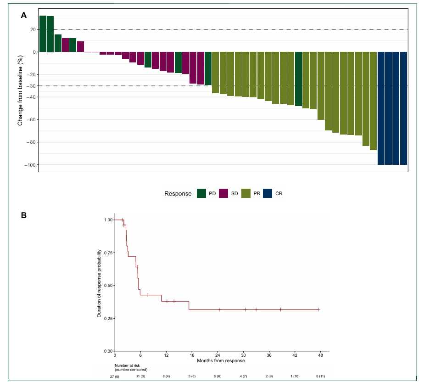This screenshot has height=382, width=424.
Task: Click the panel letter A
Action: [24, 15]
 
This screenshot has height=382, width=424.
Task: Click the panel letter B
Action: [24, 214]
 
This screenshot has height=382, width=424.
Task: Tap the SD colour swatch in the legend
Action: [223, 194]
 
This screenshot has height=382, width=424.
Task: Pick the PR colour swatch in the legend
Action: [246, 194]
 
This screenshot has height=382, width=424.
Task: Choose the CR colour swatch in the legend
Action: [268, 194]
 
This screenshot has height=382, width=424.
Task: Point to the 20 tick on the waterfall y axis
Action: [33, 29]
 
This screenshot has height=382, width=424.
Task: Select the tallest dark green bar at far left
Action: [43, 34]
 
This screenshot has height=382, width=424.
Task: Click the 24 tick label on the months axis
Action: [218, 355]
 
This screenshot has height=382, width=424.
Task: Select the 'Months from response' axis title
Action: [221, 361]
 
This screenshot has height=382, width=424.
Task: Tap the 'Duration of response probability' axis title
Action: [99, 283]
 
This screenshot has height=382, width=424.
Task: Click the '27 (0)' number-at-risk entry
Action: [115, 376]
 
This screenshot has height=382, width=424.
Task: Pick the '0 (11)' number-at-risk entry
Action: [320, 376]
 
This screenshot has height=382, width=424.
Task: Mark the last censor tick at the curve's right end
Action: [318, 309]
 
